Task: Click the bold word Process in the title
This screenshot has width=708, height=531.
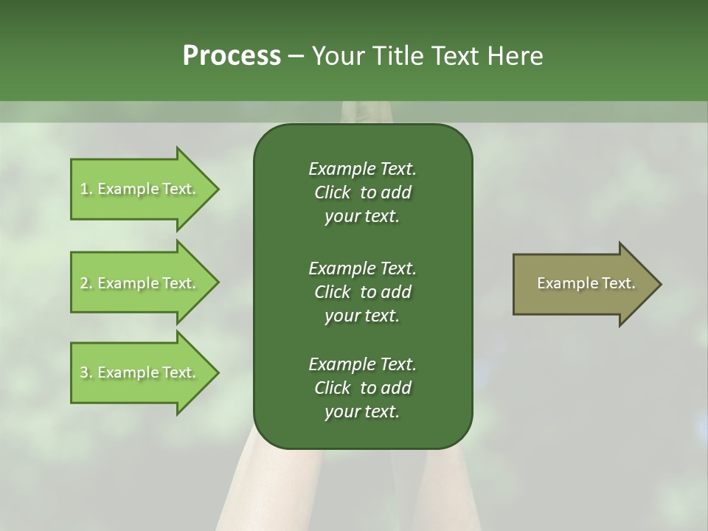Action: [232, 56]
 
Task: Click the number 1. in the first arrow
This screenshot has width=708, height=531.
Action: [86, 189]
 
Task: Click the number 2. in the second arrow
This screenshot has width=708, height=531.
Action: [86, 283]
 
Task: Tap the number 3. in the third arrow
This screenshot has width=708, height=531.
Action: [86, 372]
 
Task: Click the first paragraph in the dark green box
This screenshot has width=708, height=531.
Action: [362, 192]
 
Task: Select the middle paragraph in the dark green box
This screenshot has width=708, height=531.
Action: [362, 292]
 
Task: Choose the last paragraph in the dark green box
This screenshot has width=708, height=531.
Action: [362, 388]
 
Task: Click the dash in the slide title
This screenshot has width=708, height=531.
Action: [296, 57]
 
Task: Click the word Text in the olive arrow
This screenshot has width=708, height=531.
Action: [619, 283]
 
